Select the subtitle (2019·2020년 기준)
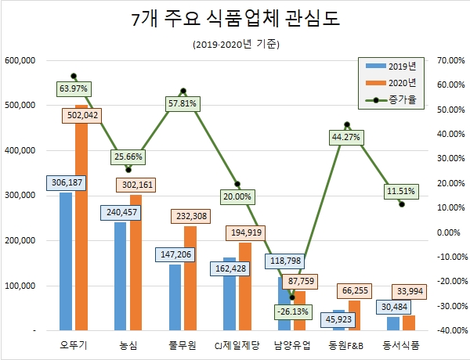pos(235,45)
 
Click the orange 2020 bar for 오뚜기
pos(81,235)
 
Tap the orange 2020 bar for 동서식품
pos(408,323)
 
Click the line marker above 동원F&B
pos(346,124)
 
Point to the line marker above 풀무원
pos(183,91)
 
